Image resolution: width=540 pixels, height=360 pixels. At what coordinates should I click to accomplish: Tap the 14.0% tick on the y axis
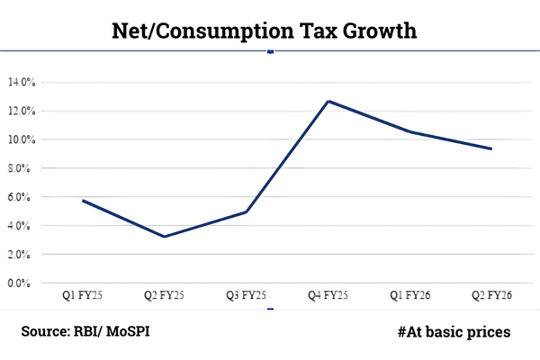click(x=21, y=82)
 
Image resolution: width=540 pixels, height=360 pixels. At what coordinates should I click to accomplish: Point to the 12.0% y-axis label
click(x=21, y=111)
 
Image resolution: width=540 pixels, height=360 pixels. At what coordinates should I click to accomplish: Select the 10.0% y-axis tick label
click(x=21, y=139)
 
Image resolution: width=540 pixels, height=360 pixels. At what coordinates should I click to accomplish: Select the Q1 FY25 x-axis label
click(x=83, y=294)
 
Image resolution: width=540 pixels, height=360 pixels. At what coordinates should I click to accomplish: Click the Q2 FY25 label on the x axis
click(x=165, y=294)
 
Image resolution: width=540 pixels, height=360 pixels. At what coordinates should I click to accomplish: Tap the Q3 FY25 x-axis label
click(x=247, y=294)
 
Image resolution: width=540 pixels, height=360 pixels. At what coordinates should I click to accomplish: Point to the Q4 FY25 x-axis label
click(x=328, y=294)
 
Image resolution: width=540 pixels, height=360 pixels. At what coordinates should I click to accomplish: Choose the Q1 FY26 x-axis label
click(x=410, y=294)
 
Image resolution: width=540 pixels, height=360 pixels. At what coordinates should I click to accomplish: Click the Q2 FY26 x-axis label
click(x=491, y=294)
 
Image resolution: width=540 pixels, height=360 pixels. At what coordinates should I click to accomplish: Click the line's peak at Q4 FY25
click(x=328, y=101)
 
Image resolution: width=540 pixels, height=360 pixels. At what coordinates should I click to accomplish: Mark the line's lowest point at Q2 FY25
click(x=165, y=237)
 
